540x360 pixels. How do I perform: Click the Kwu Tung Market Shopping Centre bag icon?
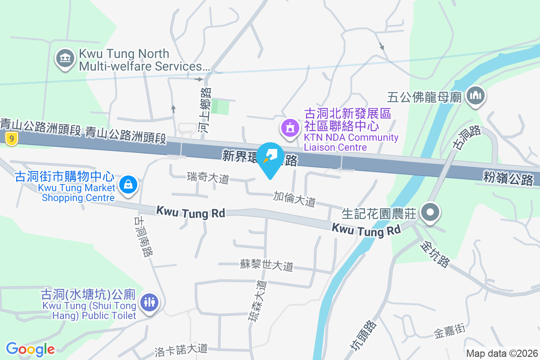click(x=129, y=185)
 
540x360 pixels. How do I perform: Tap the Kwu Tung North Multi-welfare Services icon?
click(x=66, y=59)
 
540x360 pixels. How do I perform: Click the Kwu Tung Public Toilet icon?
click(x=149, y=302)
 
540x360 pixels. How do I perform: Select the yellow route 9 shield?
click(x=12, y=139)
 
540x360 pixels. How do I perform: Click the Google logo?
click(x=30, y=349)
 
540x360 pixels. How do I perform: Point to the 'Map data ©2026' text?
click(x=502, y=353)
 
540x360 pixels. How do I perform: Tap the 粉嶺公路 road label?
click(x=508, y=178)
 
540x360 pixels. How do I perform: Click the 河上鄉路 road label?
click(x=205, y=111)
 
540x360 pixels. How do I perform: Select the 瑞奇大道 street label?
click(x=208, y=178)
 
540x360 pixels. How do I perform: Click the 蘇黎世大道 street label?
click(x=266, y=265)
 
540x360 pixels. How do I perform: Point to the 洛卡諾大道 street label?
click(x=180, y=348)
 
